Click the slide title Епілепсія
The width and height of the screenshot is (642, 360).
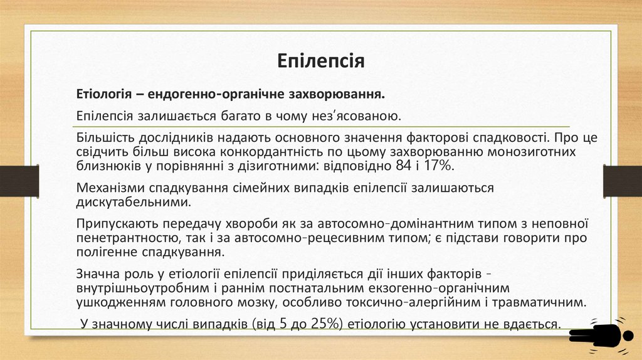coord(320,61)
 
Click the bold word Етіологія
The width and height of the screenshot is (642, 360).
coord(103,94)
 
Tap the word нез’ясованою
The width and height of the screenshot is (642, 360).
coord(356,116)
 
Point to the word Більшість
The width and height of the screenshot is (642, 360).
coord(103,137)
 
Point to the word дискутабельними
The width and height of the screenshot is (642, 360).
coord(132,203)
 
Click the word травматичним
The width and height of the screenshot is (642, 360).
coord(538,302)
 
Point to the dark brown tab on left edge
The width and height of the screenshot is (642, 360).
coord(19,181)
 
